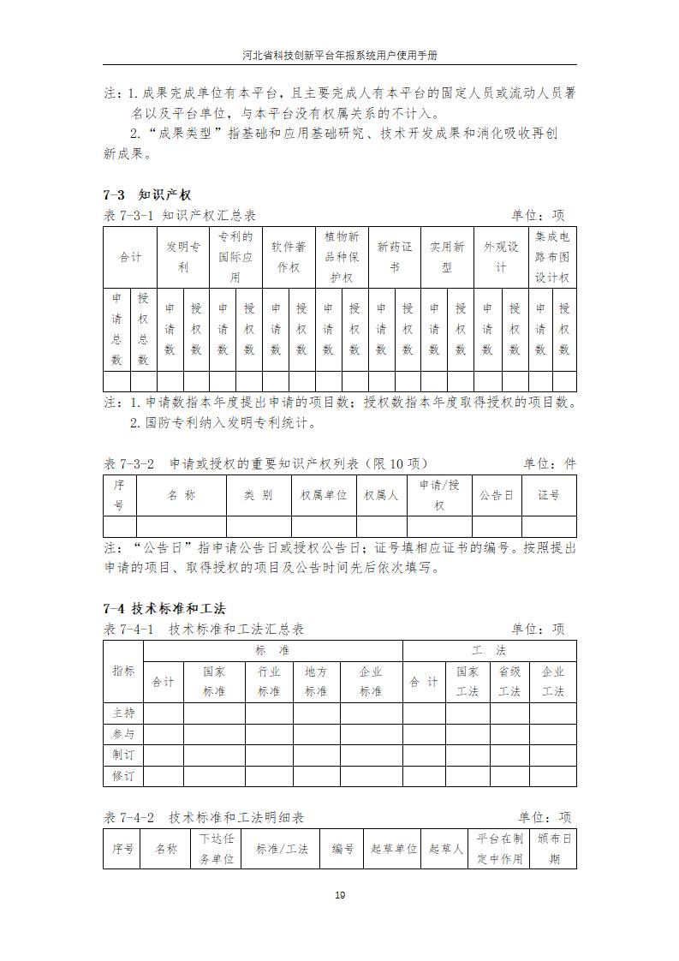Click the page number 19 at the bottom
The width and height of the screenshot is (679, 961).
coord(339,895)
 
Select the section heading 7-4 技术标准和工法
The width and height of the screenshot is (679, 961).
coord(164,609)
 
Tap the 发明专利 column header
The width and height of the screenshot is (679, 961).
coord(182,257)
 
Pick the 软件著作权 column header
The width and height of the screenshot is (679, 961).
coord(289,257)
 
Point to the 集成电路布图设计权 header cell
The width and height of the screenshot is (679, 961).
coord(552,257)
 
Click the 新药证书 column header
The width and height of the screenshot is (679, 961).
coord(394,257)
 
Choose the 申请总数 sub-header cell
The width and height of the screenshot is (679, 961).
coord(116,330)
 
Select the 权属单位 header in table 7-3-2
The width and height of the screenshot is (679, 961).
coord(324,495)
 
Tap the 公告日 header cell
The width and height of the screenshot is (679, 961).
coord(497,495)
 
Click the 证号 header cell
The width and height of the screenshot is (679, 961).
coord(549,495)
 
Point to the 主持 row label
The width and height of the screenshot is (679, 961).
coord(123,713)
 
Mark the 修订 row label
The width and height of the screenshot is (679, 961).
coord(123,776)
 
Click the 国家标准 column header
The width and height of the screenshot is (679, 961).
coord(214,682)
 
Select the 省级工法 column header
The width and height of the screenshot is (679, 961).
coord(509,682)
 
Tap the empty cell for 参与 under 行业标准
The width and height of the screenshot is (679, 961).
coord(269,734)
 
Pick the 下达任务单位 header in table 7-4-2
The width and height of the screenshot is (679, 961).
coord(217,849)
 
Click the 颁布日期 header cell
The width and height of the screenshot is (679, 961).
coord(553,849)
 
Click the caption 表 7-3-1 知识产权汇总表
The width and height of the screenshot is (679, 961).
coord(180,216)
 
